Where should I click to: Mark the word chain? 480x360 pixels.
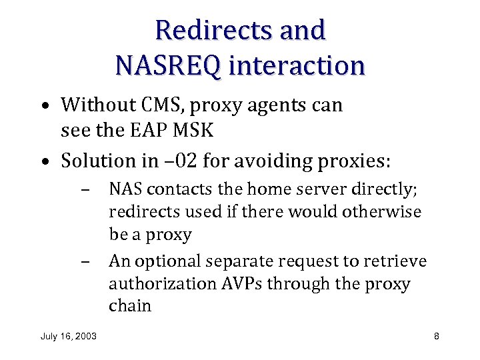coord(130,306)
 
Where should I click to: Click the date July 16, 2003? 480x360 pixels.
coord(69,336)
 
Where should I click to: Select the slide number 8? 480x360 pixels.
coord(436,336)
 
